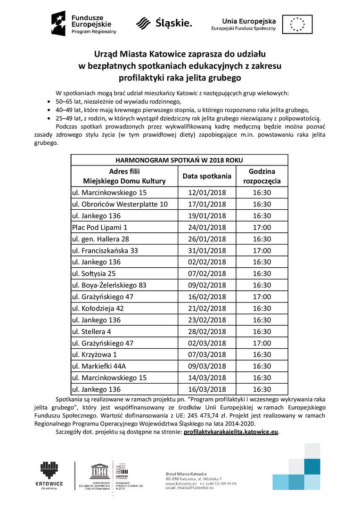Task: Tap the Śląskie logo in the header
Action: click(164, 23)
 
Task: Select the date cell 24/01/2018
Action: click(207, 227)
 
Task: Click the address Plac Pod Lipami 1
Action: click(99, 227)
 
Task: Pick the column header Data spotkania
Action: click(207, 176)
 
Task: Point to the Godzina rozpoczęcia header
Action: click(262, 176)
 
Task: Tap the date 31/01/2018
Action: click(207, 250)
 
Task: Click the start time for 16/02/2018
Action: click(262, 296)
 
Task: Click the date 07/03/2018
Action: click(207, 354)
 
